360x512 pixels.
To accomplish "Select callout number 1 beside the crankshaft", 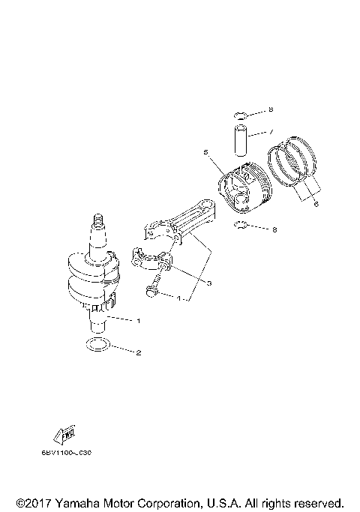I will [x=138, y=320].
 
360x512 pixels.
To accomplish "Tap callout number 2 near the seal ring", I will [x=138, y=351].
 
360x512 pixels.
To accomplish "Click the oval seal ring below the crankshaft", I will [x=97, y=345].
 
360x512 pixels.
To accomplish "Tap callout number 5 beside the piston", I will [x=205, y=152].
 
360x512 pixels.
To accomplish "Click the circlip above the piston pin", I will [x=239, y=115].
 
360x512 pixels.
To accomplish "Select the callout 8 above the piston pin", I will [x=271, y=110].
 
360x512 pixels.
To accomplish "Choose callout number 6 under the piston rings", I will [x=316, y=203].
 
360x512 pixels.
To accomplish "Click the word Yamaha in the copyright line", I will [x=79, y=502].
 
